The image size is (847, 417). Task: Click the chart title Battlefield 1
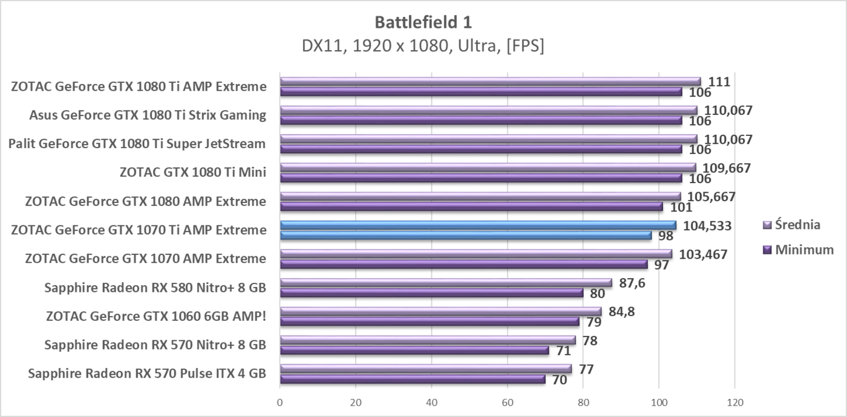point(423,22)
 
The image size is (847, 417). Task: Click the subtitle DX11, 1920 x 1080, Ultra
point(423,46)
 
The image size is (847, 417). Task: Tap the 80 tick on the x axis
point(583,401)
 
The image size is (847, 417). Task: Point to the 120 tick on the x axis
point(734,401)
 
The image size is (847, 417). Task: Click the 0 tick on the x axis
point(280,401)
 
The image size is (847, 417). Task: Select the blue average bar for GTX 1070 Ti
point(478,225)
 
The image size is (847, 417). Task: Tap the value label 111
point(719,82)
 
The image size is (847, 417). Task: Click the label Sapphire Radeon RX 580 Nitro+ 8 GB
point(155,287)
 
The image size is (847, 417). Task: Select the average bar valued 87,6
point(446,283)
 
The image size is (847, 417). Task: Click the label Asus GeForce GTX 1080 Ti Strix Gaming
point(148,115)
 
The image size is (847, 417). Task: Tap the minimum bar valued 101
point(471,207)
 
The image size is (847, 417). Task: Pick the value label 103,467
point(703,254)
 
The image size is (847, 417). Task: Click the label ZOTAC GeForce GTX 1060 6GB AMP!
point(156,316)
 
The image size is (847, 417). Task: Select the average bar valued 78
point(428,340)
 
